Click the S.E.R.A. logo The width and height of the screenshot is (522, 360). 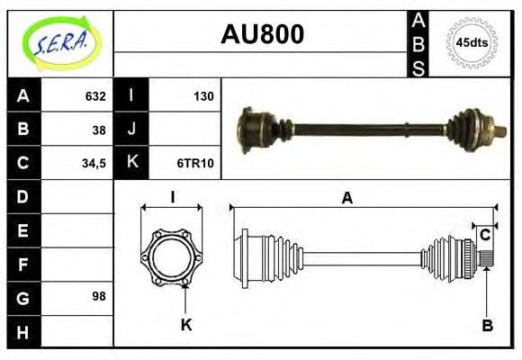coord(59,42)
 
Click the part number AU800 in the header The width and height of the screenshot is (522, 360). coord(262,34)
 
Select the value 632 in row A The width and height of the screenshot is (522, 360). coord(94,95)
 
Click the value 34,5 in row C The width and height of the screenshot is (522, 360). coord(93,163)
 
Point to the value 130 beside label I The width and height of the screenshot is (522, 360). coord(202,95)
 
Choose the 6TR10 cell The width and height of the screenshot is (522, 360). coord(194,163)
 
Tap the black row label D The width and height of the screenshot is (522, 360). coord(23,196)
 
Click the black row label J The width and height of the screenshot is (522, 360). coord(132,129)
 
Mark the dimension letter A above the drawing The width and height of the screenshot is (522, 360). coord(346,199)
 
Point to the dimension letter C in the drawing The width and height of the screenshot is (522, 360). coord(485,235)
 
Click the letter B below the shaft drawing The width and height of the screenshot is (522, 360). coord(487,326)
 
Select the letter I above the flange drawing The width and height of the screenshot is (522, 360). coord(172,197)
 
